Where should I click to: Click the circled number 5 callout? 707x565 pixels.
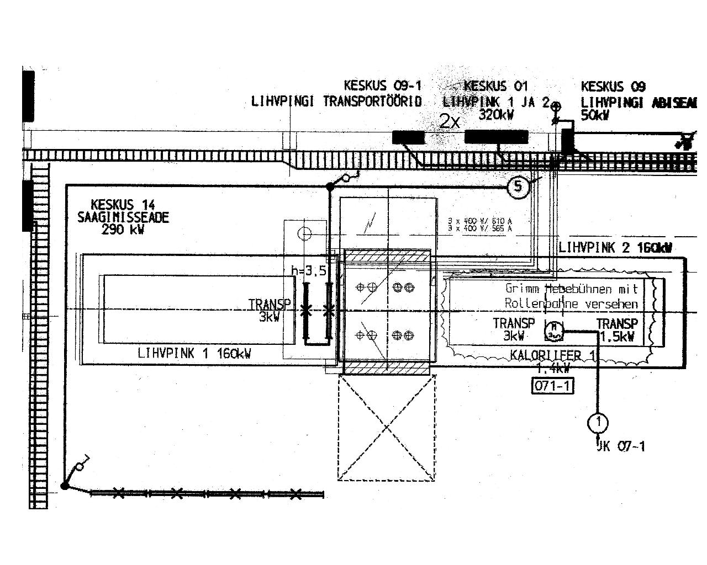tap(518, 186)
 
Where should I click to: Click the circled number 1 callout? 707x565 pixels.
tap(597, 423)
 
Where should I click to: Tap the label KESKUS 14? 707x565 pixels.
tap(123, 206)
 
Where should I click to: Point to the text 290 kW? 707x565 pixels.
tap(123, 230)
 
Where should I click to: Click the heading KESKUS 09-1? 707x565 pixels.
tap(382, 86)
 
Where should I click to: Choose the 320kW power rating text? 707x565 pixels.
tap(497, 115)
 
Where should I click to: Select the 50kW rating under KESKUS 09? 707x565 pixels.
tap(595, 115)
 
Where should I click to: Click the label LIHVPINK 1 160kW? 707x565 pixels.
tap(194, 354)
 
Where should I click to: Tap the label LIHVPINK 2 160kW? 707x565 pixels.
tap(615, 248)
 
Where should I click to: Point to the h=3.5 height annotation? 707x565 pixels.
tap(309, 270)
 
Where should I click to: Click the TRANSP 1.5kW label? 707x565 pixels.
tap(617, 329)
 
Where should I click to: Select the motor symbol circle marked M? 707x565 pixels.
tap(553, 330)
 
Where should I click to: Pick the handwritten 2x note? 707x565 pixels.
tap(449, 121)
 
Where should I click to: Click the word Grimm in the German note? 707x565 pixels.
tap(523, 289)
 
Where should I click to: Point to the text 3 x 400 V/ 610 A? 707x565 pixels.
tap(480, 221)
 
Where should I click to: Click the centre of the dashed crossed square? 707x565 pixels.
tap(386, 428)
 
